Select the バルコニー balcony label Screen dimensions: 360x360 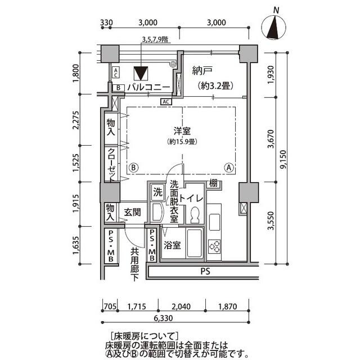148,87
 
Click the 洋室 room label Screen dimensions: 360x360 181,130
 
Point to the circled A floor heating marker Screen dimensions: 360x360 229,167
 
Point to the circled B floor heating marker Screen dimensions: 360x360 134,167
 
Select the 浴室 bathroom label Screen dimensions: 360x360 173,245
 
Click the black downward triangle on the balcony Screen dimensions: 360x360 140,74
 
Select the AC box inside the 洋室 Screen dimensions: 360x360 166,102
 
